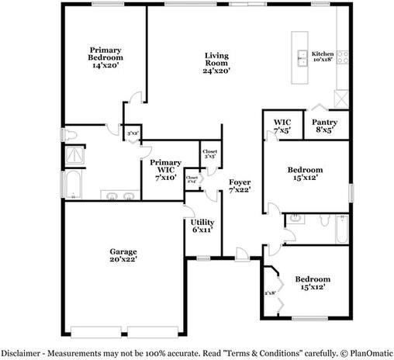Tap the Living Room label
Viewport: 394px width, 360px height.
(x=216, y=62)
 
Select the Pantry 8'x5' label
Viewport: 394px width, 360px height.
(x=324, y=126)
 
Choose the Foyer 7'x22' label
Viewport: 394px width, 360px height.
(x=238, y=186)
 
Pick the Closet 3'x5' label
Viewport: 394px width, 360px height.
(x=209, y=154)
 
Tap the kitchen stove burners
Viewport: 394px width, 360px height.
(x=340, y=54)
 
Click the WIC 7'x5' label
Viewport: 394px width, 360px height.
(x=282, y=126)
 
